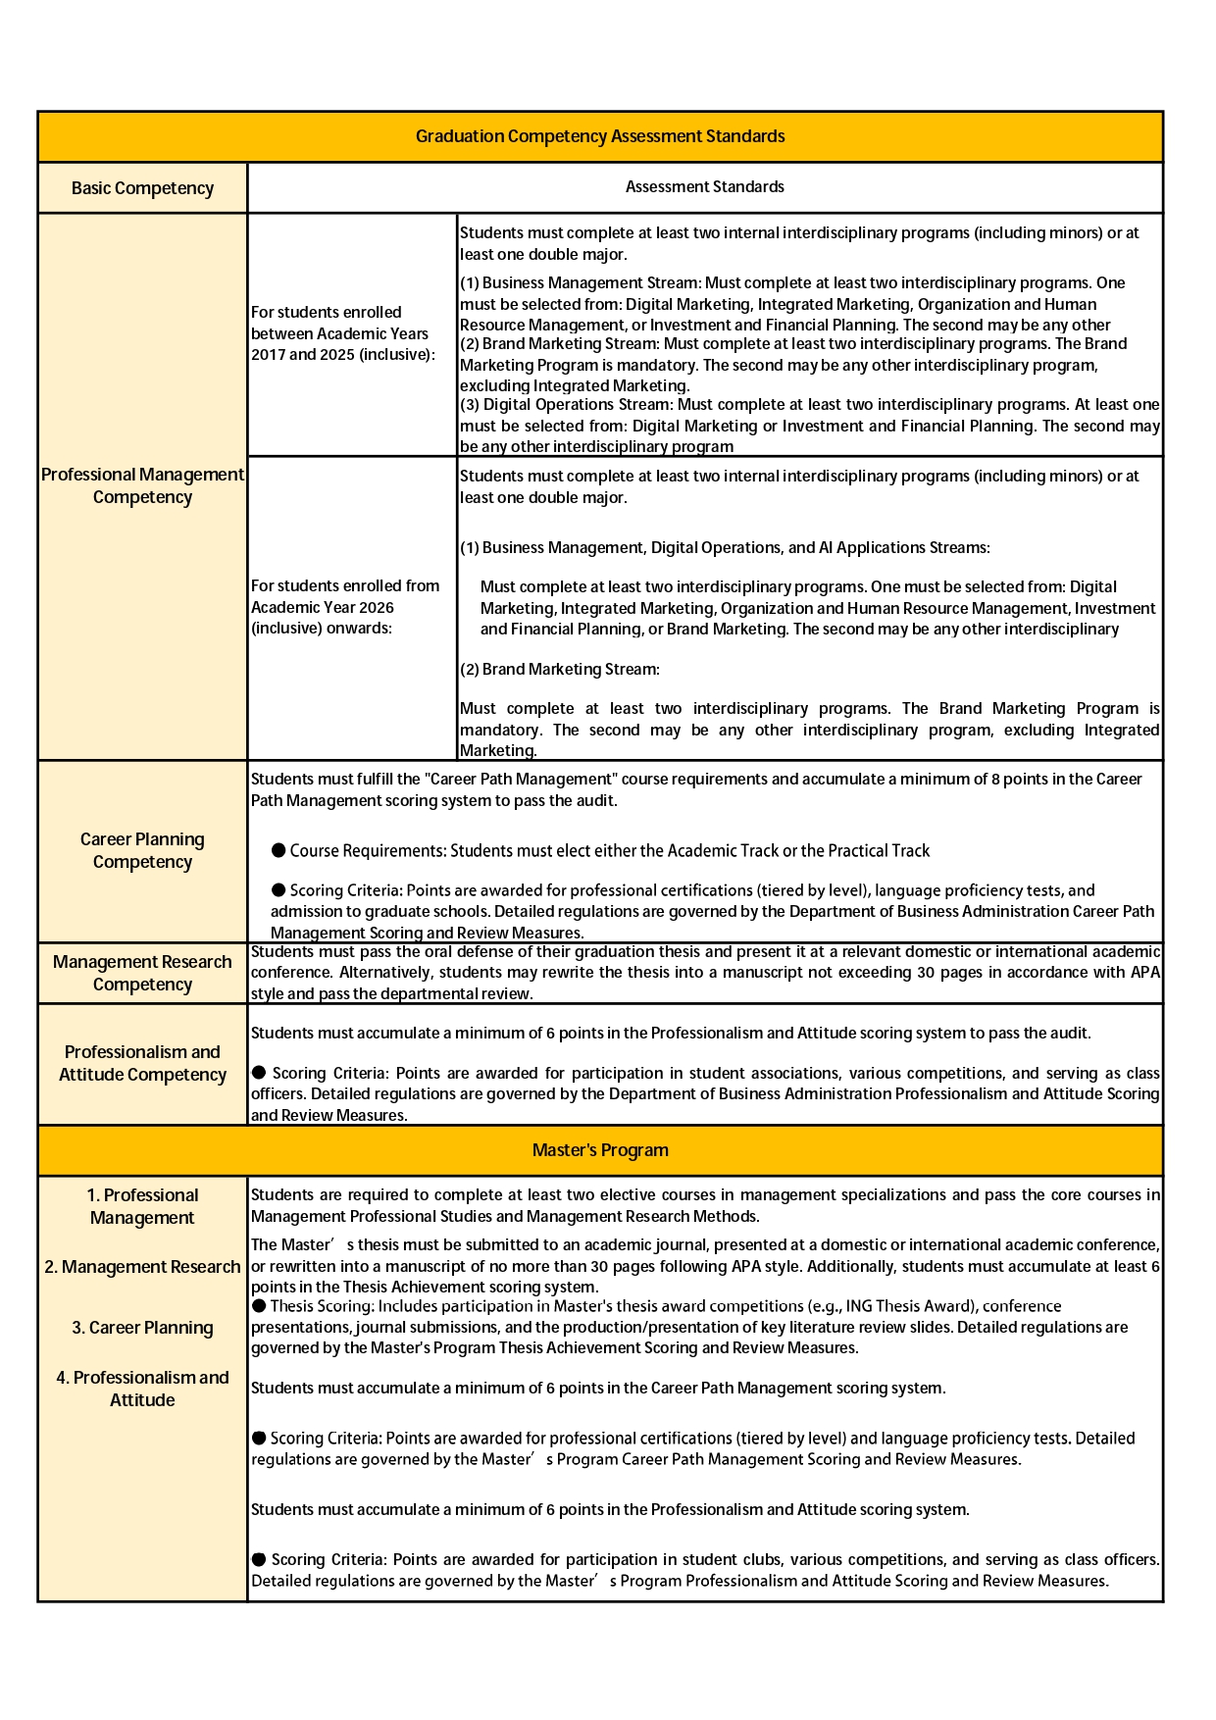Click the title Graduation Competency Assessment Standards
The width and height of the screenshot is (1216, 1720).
[600, 136]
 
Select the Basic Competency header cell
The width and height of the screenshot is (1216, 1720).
[142, 188]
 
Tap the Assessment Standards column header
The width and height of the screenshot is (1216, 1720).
[704, 186]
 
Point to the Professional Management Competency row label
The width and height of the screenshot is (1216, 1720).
[142, 485]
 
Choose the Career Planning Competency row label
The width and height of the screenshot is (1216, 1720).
[142, 850]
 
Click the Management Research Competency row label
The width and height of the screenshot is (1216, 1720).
[142, 973]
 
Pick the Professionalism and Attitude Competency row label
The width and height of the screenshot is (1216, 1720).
[142, 1063]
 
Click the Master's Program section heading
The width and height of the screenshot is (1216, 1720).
[600, 1150]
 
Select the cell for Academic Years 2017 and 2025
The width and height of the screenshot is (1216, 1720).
[343, 333]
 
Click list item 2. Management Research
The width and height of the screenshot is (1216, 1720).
[142, 1267]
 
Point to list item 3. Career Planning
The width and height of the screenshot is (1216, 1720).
[142, 1328]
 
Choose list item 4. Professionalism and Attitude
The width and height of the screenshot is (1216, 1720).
[142, 1389]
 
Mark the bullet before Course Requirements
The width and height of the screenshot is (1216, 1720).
[279, 850]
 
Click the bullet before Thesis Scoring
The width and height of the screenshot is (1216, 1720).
[259, 1305]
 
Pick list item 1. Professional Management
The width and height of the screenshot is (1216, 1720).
[142, 1206]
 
